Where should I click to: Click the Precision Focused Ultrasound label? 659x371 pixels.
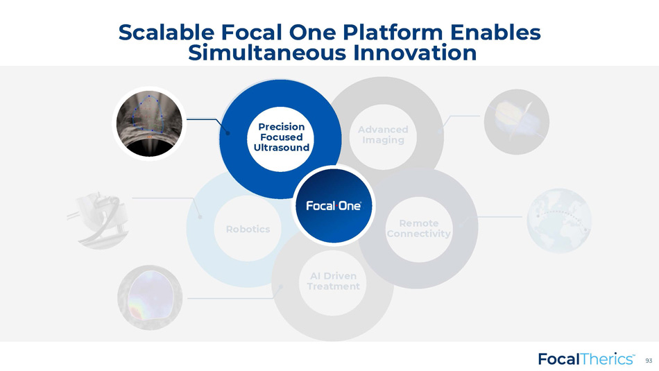coord(281,137)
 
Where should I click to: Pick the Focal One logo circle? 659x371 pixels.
coord(334,205)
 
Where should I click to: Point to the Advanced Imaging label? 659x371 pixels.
coord(383,135)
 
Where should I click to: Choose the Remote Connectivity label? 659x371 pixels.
coord(418,228)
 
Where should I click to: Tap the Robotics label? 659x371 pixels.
coord(248,229)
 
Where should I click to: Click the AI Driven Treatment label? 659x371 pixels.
coord(333,281)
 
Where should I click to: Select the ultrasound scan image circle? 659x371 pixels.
coord(150,123)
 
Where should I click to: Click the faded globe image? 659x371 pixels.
coord(559,221)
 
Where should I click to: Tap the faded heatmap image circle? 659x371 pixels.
coord(150,297)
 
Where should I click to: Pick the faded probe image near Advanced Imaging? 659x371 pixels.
coord(517,122)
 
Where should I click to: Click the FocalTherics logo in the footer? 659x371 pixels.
coord(587,359)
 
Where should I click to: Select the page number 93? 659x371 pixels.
coord(649,361)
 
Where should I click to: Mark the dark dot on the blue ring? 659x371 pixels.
coord(228,132)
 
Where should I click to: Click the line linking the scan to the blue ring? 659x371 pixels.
coord(207,124)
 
